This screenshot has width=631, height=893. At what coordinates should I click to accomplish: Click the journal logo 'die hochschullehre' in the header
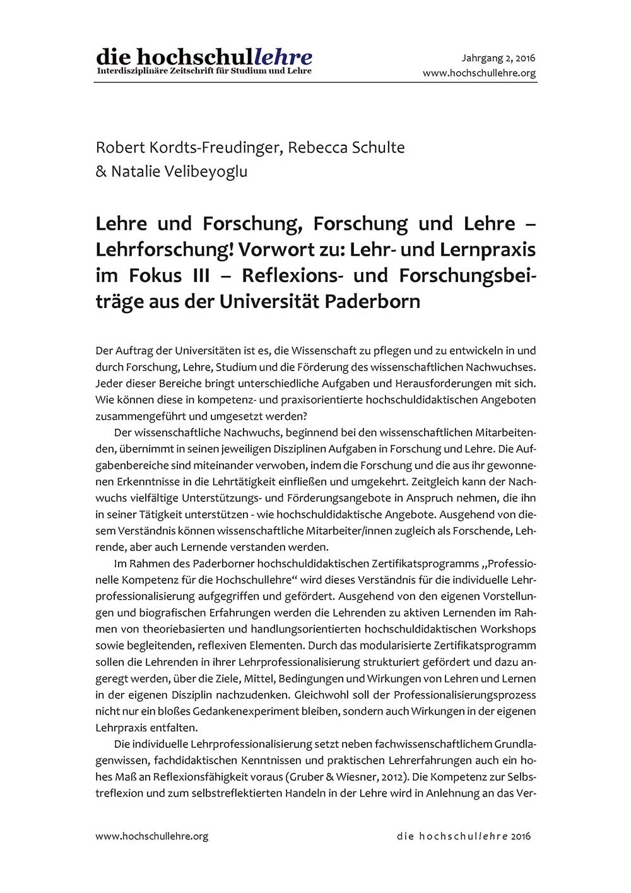(x=204, y=56)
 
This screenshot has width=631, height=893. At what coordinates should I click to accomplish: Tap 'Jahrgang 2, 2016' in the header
(x=498, y=58)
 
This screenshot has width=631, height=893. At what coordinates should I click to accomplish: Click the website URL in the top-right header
(x=479, y=73)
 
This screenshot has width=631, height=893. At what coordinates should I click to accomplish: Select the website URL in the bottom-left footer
(x=151, y=836)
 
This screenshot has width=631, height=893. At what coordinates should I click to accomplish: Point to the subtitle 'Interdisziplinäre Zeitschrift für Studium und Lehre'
(x=204, y=71)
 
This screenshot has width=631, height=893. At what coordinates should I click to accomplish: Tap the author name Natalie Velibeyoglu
(x=179, y=172)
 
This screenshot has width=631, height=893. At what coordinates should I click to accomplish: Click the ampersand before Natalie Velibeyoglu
(x=101, y=172)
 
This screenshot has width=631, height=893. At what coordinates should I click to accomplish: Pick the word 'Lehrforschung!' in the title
(x=165, y=250)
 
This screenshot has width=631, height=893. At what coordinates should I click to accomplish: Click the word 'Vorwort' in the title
(x=273, y=250)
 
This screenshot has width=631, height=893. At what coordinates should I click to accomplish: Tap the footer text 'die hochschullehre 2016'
(x=464, y=836)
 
